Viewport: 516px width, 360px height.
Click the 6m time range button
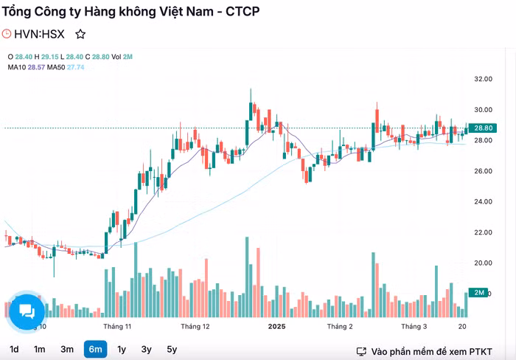pos(95,349)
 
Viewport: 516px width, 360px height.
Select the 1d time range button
pos(14,349)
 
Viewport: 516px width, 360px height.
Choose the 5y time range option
pos(172,349)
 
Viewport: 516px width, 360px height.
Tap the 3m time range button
pos(67,349)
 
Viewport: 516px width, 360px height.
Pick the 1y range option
pos(122,349)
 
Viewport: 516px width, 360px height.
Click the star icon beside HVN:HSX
pos(80,34)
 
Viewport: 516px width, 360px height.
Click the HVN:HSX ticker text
pos(39,34)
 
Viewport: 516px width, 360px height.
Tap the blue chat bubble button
pos(27,311)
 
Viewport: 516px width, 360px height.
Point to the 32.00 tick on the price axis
pos(483,79)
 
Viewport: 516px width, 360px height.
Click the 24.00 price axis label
pos(483,201)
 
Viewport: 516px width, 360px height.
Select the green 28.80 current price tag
pos(483,128)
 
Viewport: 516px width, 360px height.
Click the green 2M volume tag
pos(479,293)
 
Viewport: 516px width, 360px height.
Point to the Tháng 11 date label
pos(117,326)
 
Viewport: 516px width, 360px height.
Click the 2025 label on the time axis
pos(276,326)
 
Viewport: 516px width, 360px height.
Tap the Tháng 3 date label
pos(414,326)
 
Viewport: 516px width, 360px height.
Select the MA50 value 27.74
pos(76,67)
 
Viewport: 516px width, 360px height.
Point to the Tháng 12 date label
pos(195,326)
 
